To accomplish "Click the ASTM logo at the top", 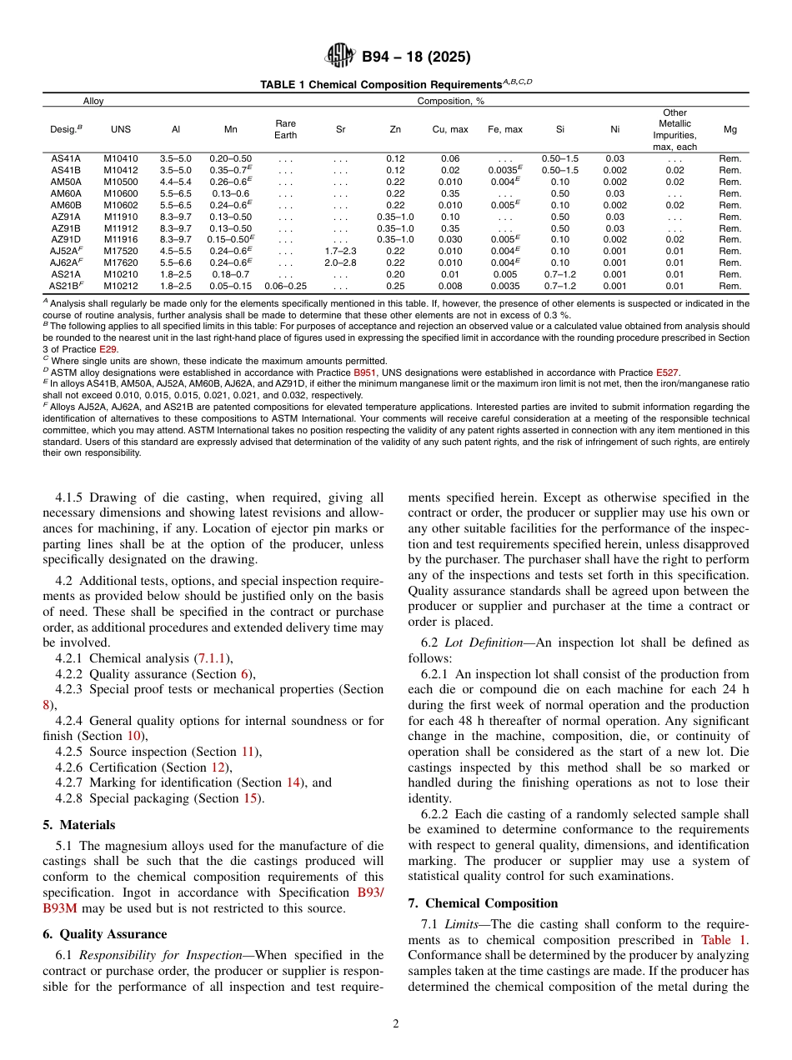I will point(340,57).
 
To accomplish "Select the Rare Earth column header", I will point(285,129).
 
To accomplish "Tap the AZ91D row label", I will point(66,239).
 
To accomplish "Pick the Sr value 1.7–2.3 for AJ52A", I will point(340,250).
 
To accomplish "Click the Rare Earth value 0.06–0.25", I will point(285,286).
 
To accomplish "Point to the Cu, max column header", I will point(450,129).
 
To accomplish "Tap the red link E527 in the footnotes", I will point(667,372).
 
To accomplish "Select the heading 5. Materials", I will point(78,825).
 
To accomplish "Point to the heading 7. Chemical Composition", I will point(483,903).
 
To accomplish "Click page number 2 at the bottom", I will point(396,1024).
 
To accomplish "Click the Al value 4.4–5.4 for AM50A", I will point(175,181).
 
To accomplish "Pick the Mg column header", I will point(729,129).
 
